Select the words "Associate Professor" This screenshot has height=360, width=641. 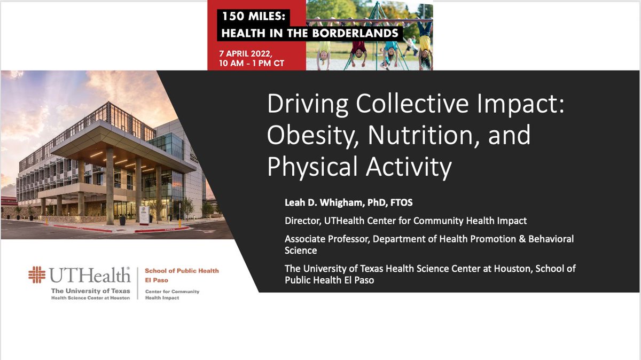(x=327, y=239)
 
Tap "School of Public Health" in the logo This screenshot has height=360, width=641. (x=182, y=271)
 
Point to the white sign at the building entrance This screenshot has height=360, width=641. (x=144, y=214)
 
